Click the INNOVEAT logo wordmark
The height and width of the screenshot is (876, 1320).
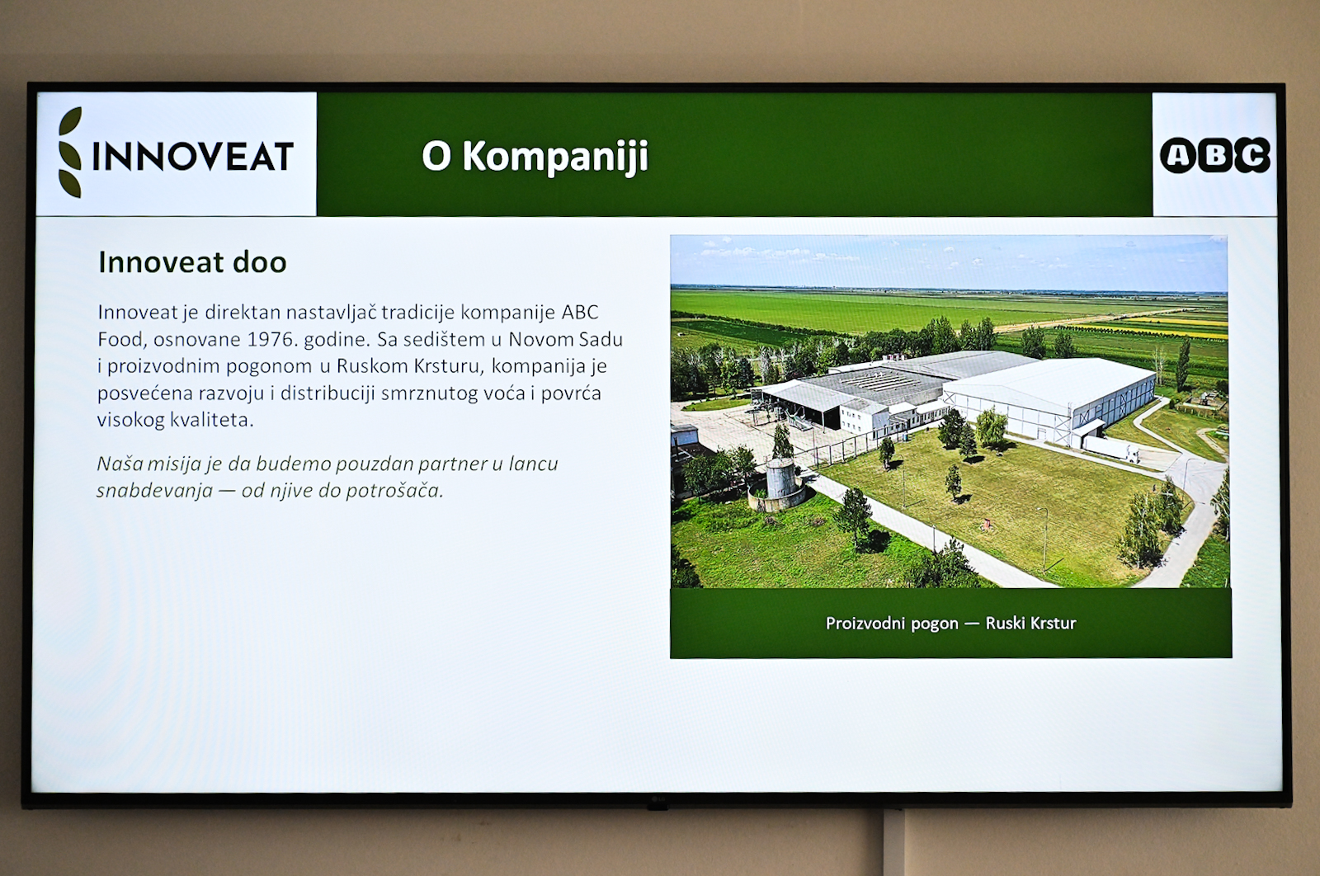click(x=193, y=156)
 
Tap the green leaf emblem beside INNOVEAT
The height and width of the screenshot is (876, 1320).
click(x=70, y=152)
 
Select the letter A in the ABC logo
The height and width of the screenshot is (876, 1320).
click(x=1178, y=156)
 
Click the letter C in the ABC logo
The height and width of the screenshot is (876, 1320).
click(x=1252, y=156)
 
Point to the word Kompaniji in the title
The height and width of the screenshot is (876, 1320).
click(x=555, y=158)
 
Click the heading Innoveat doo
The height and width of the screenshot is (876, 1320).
click(x=192, y=262)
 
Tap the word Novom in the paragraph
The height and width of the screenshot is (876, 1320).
click(x=533, y=339)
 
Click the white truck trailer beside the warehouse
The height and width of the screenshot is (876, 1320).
click(x=1110, y=449)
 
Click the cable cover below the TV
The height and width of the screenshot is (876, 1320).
click(x=894, y=842)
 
